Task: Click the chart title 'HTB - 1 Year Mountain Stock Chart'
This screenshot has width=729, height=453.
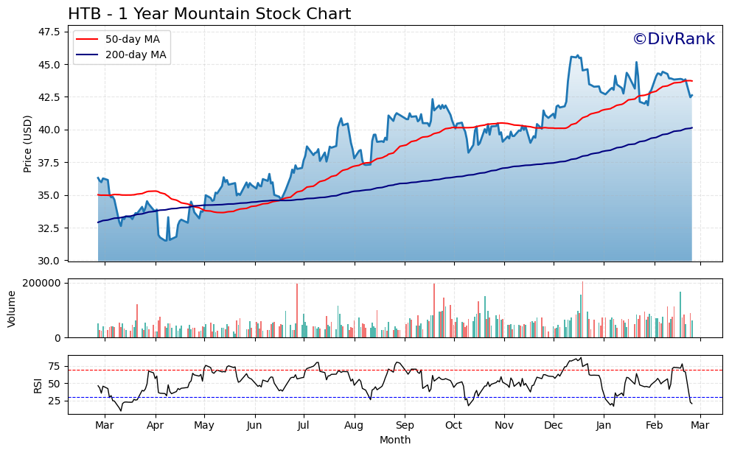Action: pos(209,14)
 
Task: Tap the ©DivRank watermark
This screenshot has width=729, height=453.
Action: pos(673,40)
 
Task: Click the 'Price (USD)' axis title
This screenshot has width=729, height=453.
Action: pos(28,144)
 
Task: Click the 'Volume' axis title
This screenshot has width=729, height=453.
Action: pos(11,309)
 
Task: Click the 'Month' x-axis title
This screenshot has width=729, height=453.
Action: pos(395,440)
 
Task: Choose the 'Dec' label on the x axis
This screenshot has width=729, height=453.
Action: pos(554,426)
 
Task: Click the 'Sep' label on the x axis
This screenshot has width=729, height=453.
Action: pos(405,426)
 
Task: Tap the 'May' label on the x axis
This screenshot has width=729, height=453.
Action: pos(204,426)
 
